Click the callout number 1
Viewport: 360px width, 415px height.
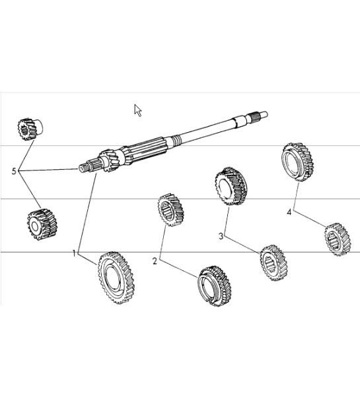pyautogui.click(x=75, y=252)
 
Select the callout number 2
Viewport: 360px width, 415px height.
pyautogui.click(x=155, y=261)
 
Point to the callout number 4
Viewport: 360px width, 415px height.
pyautogui.click(x=289, y=212)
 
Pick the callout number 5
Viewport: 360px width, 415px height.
pyautogui.click(x=14, y=171)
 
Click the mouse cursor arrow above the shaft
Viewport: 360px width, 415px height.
pyautogui.click(x=138, y=110)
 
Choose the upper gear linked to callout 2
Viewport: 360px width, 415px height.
pyautogui.click(x=170, y=210)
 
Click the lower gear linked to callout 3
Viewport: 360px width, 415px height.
pyautogui.click(x=271, y=262)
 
